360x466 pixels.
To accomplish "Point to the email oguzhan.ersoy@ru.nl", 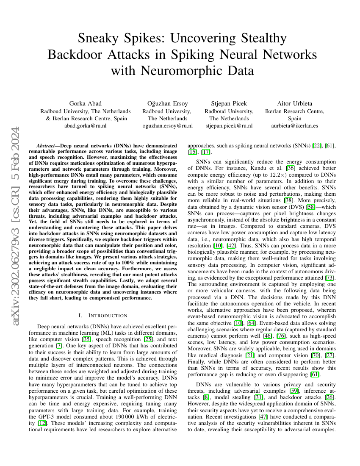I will [168, 126].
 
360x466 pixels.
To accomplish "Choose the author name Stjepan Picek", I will [229, 103].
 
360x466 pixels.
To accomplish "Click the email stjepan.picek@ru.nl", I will [229, 126].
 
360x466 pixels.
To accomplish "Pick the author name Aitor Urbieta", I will [294, 103].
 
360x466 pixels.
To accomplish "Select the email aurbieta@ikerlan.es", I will [294, 126].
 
